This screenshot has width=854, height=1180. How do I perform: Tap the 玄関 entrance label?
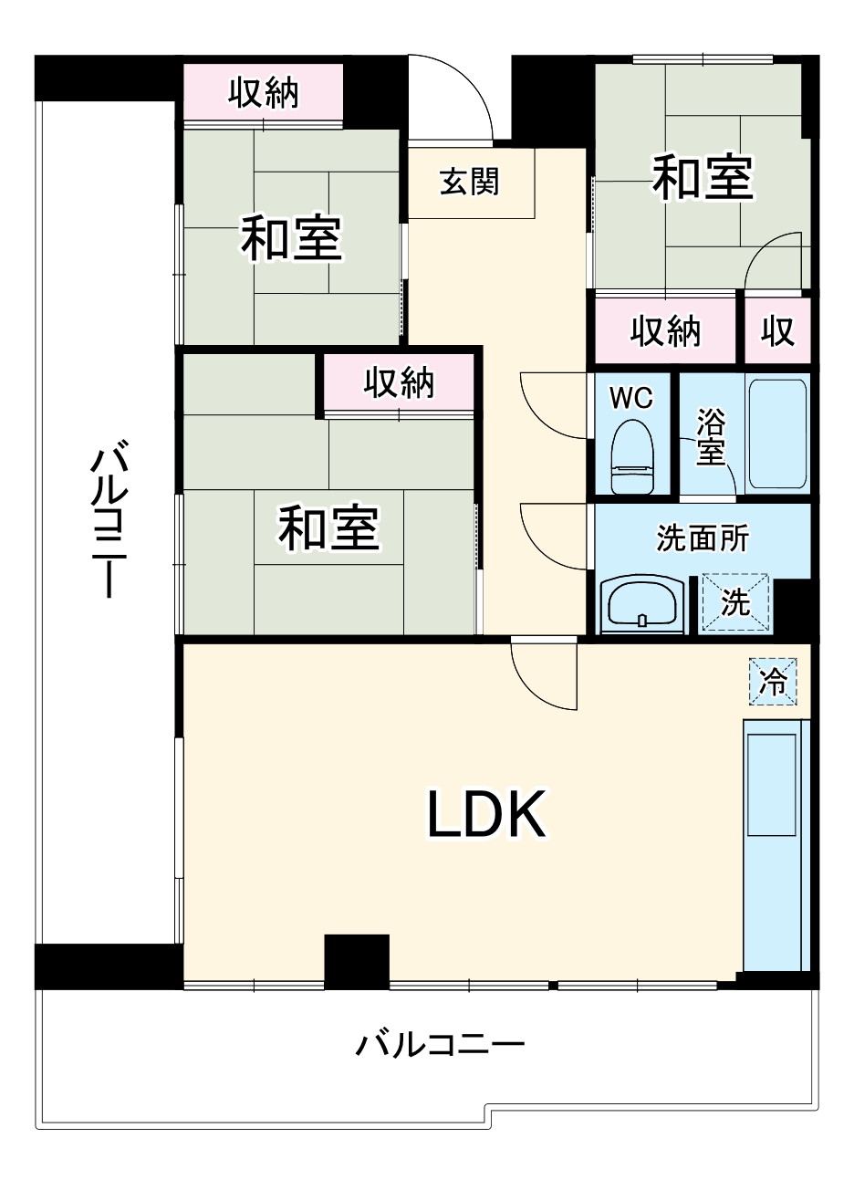(x=469, y=182)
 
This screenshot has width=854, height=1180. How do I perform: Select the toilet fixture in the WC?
(x=631, y=455)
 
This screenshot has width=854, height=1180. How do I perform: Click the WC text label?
(x=631, y=398)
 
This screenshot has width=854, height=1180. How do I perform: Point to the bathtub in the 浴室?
(x=777, y=434)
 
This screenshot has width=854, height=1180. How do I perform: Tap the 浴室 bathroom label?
(x=710, y=437)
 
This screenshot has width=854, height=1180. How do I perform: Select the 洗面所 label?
(x=702, y=538)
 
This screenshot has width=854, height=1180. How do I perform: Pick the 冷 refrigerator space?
(x=773, y=681)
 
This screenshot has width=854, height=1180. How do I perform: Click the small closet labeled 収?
(x=777, y=331)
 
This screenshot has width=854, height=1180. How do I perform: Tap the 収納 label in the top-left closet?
(x=264, y=93)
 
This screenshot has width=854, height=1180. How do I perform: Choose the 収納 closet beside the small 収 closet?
(x=665, y=331)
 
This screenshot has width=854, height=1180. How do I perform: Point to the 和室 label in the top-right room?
(x=703, y=176)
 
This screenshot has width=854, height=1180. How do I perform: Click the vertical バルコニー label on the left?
(x=109, y=518)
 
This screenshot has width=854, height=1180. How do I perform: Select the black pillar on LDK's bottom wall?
(x=357, y=963)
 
